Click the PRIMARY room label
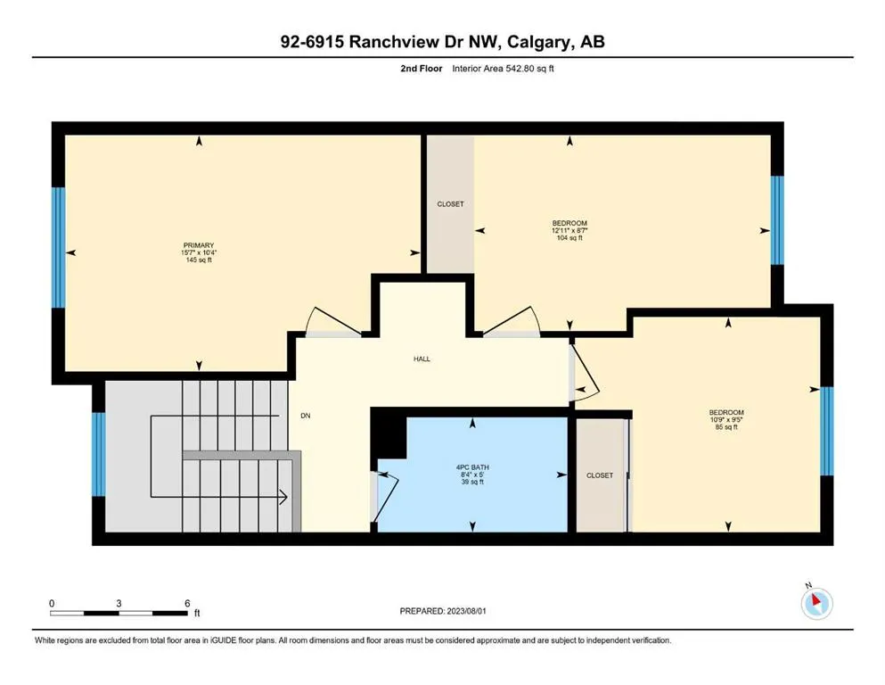tap(199, 245)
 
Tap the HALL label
tap(422, 359)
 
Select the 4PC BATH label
tap(471, 465)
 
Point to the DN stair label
tap(305, 416)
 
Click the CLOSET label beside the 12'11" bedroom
tap(450, 204)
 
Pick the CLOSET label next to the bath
tap(600, 475)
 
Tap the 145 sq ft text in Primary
tap(199, 261)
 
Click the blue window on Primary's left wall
tap(59, 247)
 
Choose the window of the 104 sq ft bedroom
tap(777, 220)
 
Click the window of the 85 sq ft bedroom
tap(826, 431)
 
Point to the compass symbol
tap(815, 603)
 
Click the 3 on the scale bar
tap(119, 604)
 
